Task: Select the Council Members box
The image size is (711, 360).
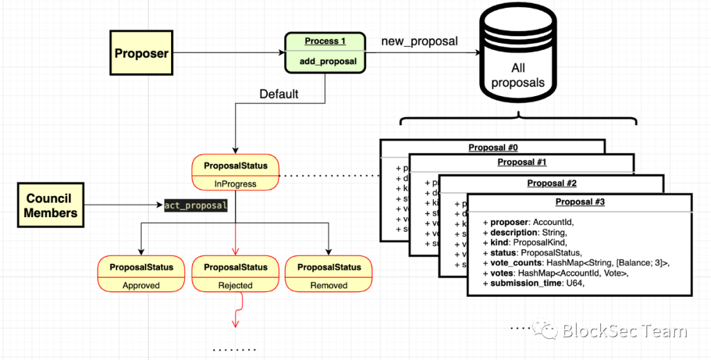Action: [x=51, y=205]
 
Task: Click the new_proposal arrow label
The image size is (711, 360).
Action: [x=419, y=41]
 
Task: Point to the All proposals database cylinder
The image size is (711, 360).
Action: [x=519, y=63]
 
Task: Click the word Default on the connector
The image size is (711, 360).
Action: [x=278, y=94]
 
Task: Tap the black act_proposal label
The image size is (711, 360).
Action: [x=196, y=206]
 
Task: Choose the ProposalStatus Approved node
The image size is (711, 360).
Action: [x=142, y=274]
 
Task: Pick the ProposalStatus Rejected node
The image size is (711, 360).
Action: [x=235, y=274]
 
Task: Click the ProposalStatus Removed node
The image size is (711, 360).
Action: [x=329, y=274]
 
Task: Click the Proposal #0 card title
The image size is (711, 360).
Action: [x=493, y=147]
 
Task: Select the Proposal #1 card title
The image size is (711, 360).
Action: [x=522, y=162]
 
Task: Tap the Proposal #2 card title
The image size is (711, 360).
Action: [x=552, y=183]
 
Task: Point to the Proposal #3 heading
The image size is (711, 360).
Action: [x=580, y=201]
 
